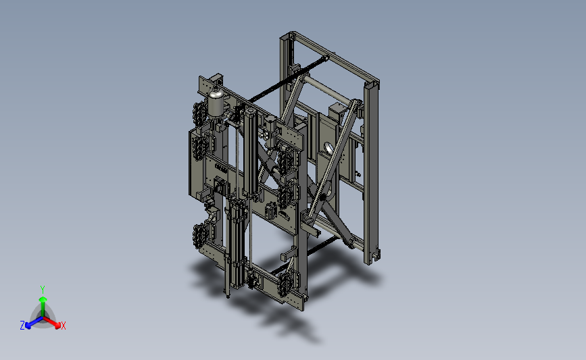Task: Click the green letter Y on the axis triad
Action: click(42, 290)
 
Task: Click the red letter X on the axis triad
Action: click(63, 326)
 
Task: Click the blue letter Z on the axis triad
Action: click(22, 326)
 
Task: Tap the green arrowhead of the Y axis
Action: click(43, 299)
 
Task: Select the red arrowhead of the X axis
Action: click(57, 325)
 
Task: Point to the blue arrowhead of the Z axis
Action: click(28, 326)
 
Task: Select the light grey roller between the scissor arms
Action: click(328, 90)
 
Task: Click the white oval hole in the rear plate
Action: click(329, 149)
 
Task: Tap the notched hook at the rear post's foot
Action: click(374, 257)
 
